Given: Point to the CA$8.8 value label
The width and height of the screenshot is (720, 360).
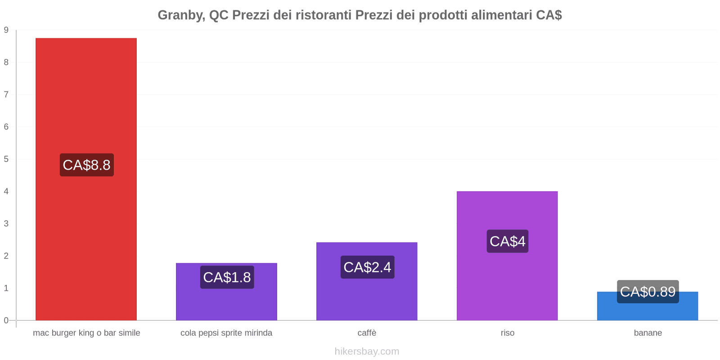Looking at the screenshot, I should (86, 165).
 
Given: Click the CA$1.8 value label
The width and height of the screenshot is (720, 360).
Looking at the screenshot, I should (227, 277).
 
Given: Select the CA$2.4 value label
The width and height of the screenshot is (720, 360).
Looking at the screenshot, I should (367, 267).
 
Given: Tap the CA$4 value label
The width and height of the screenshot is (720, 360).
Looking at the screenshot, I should (507, 242).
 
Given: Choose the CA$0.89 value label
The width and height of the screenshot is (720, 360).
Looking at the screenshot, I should (648, 292).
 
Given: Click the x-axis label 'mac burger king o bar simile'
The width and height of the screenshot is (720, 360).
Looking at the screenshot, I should (86, 333).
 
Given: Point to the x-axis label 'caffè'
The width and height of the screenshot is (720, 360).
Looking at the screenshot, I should (367, 333).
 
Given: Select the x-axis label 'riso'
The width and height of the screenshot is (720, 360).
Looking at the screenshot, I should (507, 333).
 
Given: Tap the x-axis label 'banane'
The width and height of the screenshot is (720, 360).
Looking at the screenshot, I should (648, 333).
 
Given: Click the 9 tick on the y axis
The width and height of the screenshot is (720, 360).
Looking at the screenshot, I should (6, 30).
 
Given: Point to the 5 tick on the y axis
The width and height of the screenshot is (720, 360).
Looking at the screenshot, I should (6, 159).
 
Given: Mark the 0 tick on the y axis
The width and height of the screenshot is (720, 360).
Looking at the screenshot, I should (6, 320).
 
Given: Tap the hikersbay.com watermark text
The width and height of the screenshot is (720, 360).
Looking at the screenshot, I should (367, 351).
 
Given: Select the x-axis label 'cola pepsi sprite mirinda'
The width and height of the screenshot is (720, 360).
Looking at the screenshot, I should (226, 333).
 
